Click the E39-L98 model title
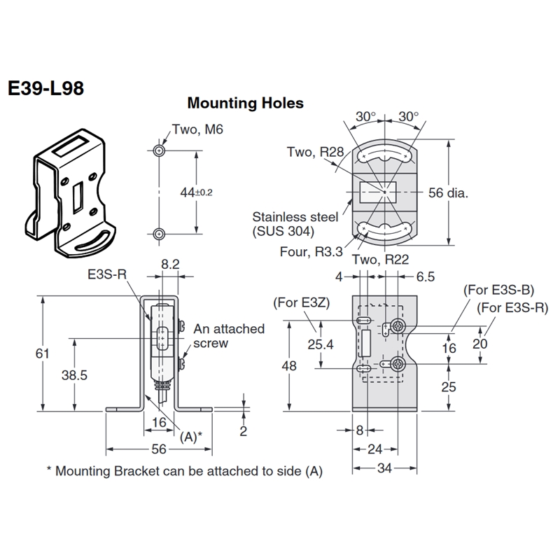(46, 89)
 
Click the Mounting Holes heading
(246, 103)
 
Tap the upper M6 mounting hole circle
(159, 150)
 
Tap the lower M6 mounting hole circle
(159, 234)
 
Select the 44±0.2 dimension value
(196, 192)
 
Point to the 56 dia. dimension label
(448, 193)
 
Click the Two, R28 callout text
(315, 152)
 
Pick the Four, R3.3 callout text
(311, 252)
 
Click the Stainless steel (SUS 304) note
(295, 224)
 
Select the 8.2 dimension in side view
(170, 265)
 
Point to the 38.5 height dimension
(74, 375)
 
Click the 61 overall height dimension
(42, 353)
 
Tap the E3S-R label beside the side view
(107, 274)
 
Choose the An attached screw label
(229, 336)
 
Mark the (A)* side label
(190, 436)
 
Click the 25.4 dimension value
(321, 344)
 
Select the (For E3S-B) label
(498, 290)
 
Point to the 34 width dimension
(384, 468)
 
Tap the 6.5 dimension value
(426, 276)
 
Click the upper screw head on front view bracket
(397, 325)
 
